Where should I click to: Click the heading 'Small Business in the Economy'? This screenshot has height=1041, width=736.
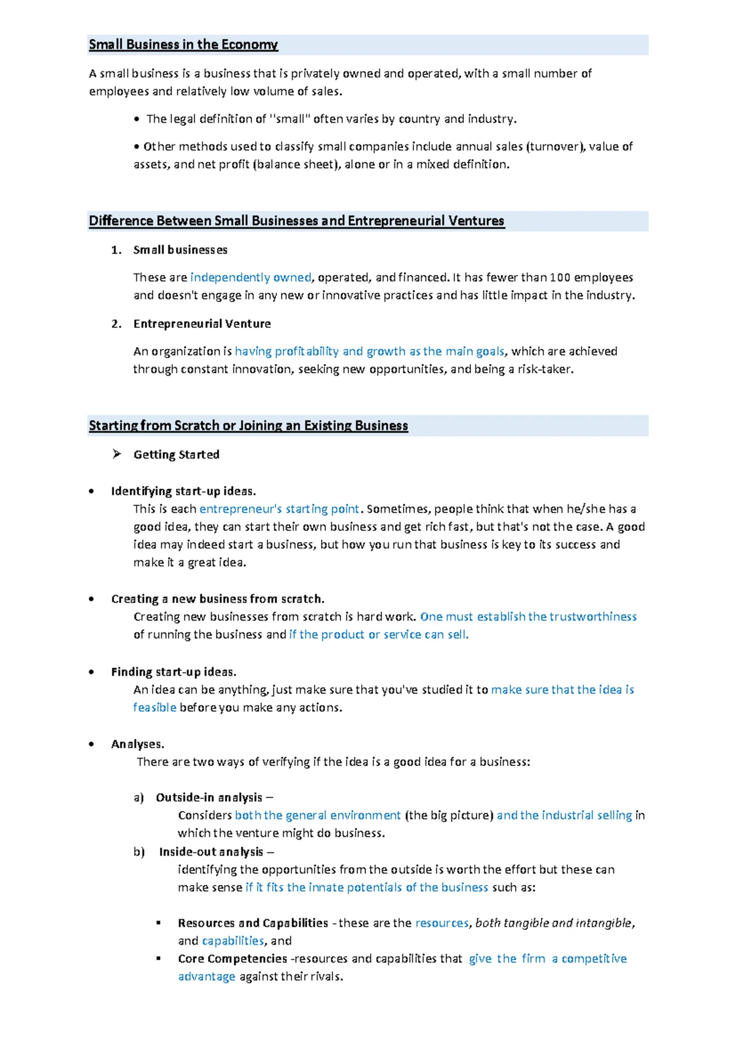183,45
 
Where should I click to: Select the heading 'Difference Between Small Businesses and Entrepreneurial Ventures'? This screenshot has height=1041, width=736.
296,221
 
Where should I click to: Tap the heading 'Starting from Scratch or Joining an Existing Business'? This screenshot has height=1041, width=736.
248,426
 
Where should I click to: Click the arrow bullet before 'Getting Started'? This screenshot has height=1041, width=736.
117,454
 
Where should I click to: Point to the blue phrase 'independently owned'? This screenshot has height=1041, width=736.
250,277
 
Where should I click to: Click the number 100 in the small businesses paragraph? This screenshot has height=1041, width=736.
559,277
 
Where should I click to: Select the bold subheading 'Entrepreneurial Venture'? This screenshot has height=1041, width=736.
202,323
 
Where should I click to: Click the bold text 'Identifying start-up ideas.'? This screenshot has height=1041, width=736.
183,491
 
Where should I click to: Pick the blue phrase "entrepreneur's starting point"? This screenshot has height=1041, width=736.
279,509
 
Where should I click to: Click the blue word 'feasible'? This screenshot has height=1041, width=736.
155,708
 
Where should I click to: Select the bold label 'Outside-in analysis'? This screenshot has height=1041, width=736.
209,797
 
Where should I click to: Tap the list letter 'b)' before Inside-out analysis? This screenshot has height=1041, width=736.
139,852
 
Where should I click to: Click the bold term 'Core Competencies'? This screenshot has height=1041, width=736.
232,959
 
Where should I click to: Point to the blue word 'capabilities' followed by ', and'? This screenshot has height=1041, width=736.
232,941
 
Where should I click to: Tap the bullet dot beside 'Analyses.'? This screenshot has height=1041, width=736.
91,744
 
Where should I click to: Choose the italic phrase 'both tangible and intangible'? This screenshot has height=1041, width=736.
553,923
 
